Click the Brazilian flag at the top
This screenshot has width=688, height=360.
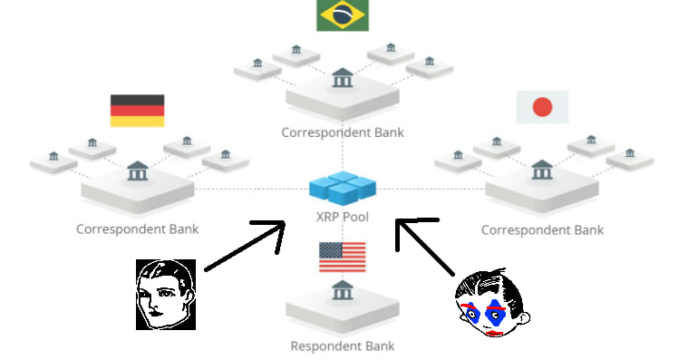[x=342, y=15]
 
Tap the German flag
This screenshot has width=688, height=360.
[x=137, y=111]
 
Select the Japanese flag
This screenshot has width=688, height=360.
[x=542, y=107]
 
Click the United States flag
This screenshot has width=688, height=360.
[x=342, y=257]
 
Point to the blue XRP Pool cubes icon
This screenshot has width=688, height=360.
[x=343, y=189]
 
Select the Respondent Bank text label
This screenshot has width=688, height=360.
[x=343, y=345]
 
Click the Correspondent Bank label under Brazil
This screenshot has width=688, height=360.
[x=343, y=132]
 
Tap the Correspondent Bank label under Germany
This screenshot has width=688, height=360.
[x=137, y=229]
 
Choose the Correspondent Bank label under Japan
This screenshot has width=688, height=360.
[x=542, y=229]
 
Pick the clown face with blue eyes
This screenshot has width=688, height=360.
[x=490, y=306]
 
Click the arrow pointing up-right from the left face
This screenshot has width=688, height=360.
[x=245, y=245]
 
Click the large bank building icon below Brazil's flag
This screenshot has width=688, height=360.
[x=343, y=79]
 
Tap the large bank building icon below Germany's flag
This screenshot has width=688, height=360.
[x=138, y=170]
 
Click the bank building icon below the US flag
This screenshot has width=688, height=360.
[x=343, y=291]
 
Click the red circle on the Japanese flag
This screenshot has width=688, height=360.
[x=542, y=107]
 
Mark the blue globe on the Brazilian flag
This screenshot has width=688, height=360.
[x=342, y=15]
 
